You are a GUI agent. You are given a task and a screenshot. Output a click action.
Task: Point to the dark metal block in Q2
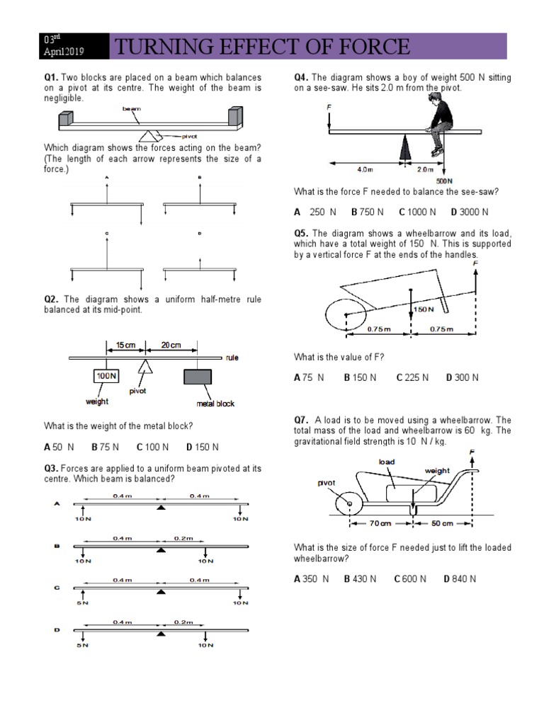tap(198, 377)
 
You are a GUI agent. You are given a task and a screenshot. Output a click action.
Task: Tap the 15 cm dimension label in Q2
tap(125, 345)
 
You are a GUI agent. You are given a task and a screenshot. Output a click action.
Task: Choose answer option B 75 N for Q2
tap(105, 447)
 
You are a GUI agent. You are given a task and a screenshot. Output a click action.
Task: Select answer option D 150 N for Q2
tap(203, 447)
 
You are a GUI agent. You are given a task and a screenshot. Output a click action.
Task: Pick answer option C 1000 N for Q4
tap(417, 212)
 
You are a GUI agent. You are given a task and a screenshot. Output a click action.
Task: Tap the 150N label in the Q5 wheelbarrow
tap(424, 309)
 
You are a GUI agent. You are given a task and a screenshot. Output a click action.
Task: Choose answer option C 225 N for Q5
tap(412, 377)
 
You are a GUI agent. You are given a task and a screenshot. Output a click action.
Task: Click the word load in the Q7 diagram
tap(387, 462)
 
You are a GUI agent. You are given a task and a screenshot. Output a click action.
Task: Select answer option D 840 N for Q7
tap(460, 578)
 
